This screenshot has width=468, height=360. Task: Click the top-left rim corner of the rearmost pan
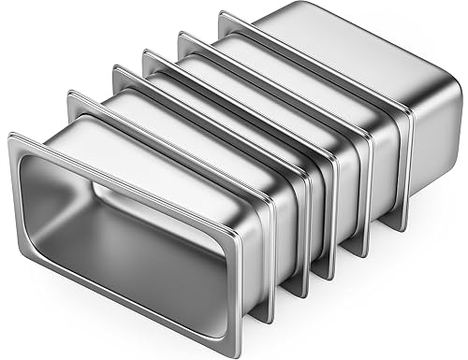point(221,13)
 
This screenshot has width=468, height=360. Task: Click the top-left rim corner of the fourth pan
point(144,50)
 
